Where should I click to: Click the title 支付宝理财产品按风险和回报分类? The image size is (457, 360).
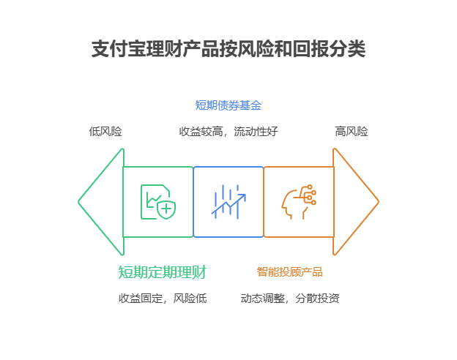pos(228,49)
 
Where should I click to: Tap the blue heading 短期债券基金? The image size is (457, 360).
pos(228,105)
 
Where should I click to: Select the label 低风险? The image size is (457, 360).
pos(105,132)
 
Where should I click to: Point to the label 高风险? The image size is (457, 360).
pos(352,132)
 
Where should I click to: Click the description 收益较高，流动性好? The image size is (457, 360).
pos(228,132)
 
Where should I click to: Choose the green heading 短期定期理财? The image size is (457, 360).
pos(162,272)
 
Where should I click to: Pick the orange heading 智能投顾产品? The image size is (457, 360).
pos(289,272)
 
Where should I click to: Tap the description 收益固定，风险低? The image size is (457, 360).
pos(162,299)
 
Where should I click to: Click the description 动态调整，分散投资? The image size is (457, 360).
pos(289,299)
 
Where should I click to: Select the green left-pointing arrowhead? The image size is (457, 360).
pos(103,202)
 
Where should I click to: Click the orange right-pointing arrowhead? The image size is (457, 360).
pos(354,202)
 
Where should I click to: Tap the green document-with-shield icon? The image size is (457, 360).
pos(157,202)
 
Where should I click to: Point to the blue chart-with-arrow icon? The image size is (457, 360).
pos(228,201)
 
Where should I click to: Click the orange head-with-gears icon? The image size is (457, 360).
pos(298,202)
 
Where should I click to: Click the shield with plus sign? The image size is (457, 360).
pos(167,210)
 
